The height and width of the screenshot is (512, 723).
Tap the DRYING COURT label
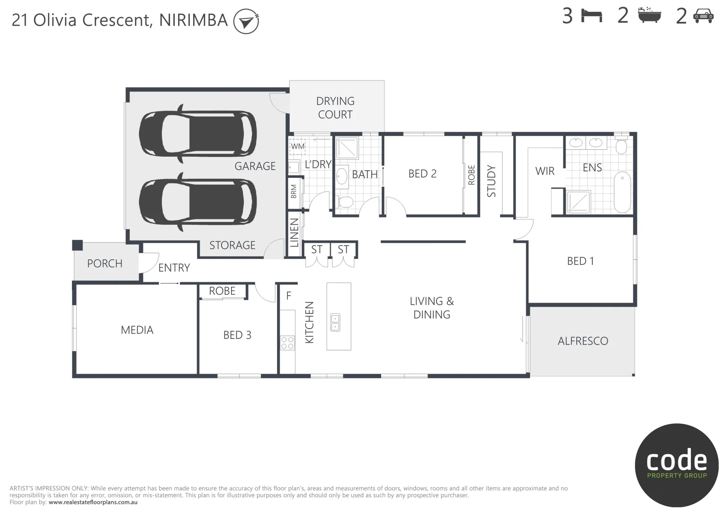(x=335, y=108)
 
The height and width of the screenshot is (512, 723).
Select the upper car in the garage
(x=198, y=133)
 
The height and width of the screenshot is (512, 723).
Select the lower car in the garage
(x=198, y=201)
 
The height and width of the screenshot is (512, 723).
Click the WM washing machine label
(x=297, y=146)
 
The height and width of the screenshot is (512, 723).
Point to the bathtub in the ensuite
(x=622, y=192)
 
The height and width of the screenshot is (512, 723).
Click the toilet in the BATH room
(x=345, y=202)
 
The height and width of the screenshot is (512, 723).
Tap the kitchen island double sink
(x=335, y=322)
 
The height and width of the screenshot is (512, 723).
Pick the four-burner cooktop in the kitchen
(x=287, y=343)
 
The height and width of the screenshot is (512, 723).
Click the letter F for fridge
(x=288, y=296)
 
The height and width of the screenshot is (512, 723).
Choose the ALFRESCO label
(x=582, y=341)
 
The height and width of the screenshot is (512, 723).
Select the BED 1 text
(x=580, y=261)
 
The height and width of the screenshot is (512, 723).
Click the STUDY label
(x=491, y=181)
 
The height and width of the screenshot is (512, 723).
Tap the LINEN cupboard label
(x=294, y=233)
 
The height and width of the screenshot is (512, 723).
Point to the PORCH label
(x=105, y=264)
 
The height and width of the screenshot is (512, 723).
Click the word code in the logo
(x=677, y=460)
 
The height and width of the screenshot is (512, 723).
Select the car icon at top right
(x=703, y=16)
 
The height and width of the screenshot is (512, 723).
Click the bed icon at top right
(x=591, y=16)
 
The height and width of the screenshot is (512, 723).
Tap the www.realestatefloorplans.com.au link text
(x=93, y=502)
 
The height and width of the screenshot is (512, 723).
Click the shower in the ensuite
(x=579, y=201)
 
